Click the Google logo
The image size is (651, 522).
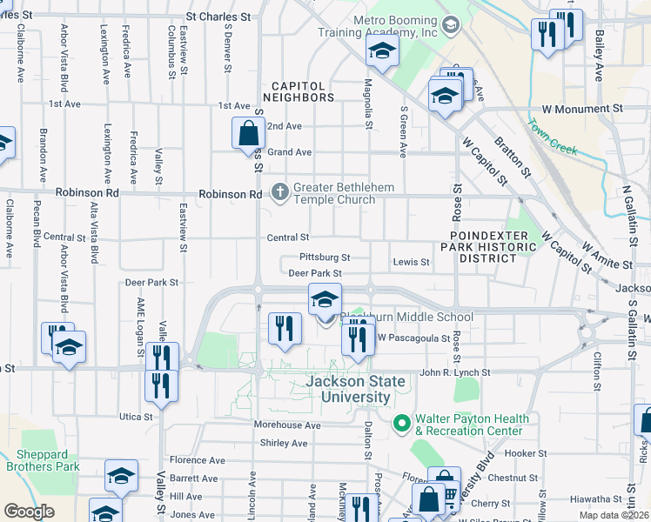[x=29, y=512]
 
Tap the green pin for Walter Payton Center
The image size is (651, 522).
[x=401, y=424]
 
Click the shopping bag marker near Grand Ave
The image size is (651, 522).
[x=248, y=134]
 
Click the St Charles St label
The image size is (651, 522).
[x=218, y=17]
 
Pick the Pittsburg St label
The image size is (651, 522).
[x=324, y=258]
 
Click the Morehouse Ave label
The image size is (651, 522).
[x=286, y=425]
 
